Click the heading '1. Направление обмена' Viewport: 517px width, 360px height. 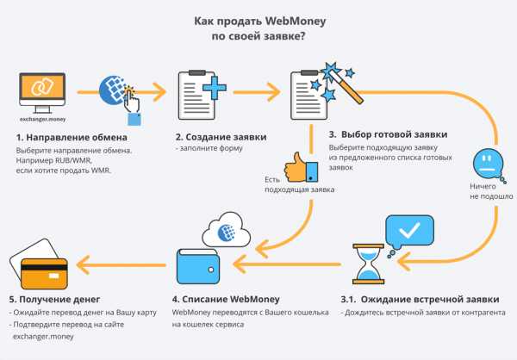[x=71, y=137]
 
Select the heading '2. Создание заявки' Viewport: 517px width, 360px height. [x=221, y=137]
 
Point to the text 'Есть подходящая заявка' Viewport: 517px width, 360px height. [x=288, y=183]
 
